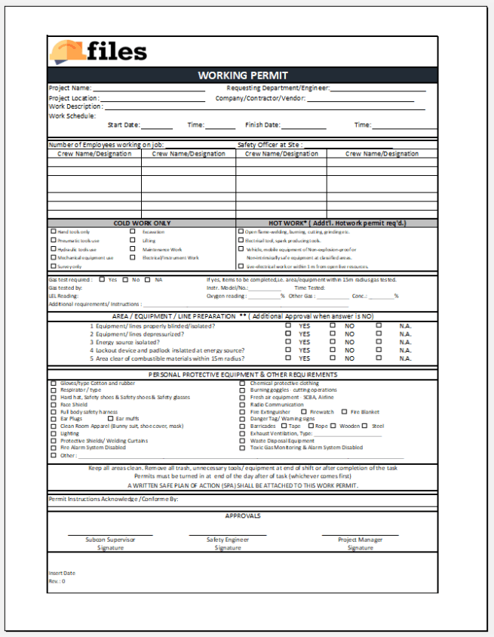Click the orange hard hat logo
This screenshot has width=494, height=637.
tap(68, 51)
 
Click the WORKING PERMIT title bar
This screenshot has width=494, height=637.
tap(243, 75)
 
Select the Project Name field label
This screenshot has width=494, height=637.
tap(70, 88)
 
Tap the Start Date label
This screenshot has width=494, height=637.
tap(124, 125)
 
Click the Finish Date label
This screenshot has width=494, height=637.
tap(262, 125)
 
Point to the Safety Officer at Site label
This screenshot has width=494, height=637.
tap(270, 144)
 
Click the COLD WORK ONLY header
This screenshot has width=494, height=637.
tap(142, 223)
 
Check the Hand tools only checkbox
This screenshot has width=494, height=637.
tap(53, 231)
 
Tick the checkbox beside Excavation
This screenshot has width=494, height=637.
tap(133, 231)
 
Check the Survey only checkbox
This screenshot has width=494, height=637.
tap(53, 266)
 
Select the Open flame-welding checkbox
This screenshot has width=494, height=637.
tap(241, 231)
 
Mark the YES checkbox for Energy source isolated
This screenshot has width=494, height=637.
tap(288, 342)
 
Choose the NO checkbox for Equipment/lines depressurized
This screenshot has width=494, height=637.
tap(333, 334)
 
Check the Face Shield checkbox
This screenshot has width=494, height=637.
tap(53, 405)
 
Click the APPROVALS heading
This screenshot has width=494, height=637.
tap(243, 515)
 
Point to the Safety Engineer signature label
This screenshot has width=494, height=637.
tap(227, 540)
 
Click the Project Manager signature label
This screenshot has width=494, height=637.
tap(360, 540)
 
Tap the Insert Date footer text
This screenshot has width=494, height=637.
tap(63, 574)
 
